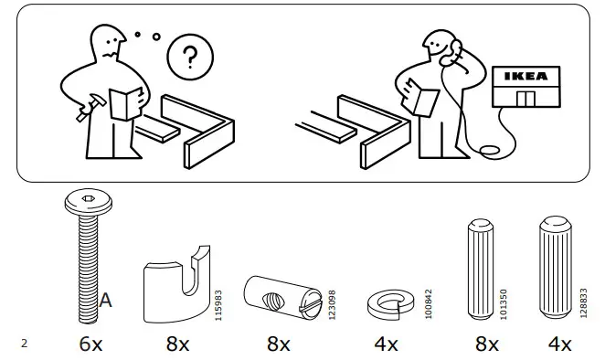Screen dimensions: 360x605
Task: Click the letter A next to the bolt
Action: click(105, 299)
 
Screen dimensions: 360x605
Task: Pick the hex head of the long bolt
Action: click(81, 200)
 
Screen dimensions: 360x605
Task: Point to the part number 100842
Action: click(429, 301)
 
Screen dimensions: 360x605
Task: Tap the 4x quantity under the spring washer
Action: click(386, 344)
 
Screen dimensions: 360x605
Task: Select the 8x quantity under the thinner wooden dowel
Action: click(487, 344)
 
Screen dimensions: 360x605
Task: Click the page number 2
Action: click(24, 344)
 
